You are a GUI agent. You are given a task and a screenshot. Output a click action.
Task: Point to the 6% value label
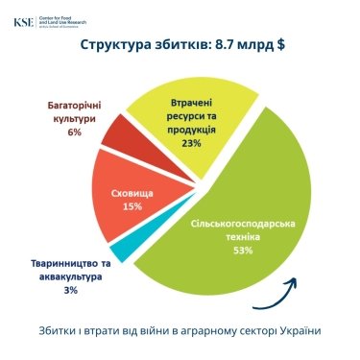pyautogui.click(x=74, y=132)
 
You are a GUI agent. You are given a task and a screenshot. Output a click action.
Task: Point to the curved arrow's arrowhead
pyautogui.click(x=294, y=280)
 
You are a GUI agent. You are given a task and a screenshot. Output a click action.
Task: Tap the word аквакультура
pyautogui.click(x=73, y=276)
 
